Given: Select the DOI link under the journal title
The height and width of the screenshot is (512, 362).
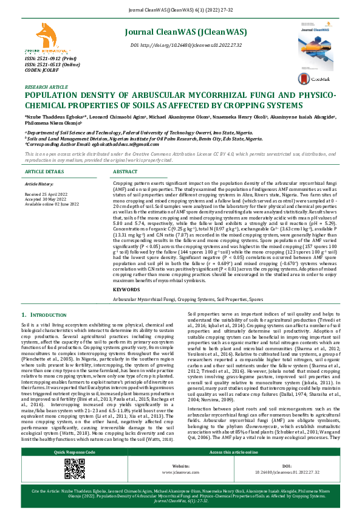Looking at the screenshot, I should click(x=186, y=45).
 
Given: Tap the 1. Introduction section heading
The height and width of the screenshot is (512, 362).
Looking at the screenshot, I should click(x=46, y=314).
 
